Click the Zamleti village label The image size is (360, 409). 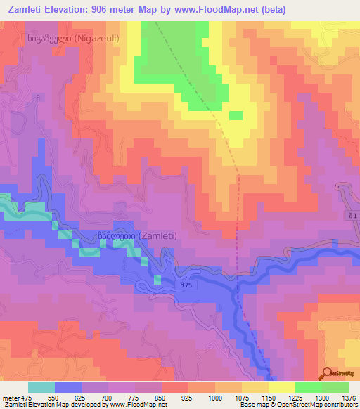point(137,236)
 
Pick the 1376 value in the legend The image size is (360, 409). point(349,397)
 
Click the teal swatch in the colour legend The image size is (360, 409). point(41,387)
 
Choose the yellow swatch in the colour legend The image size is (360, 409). point(282,387)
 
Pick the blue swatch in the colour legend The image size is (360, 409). point(68,387)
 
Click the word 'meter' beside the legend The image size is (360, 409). point(9,397)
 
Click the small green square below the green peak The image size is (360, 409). point(237,115)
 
